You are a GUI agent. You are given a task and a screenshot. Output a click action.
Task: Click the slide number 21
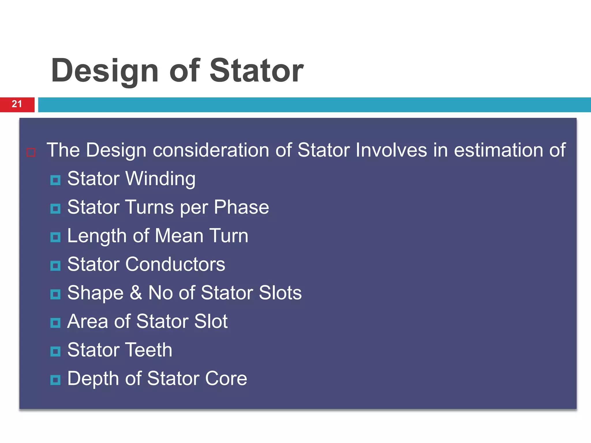[17, 104]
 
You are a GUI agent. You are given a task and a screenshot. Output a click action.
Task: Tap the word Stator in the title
[256, 71]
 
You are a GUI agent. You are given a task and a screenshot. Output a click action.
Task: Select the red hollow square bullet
[31, 152]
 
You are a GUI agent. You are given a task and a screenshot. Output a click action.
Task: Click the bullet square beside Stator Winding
[55, 180]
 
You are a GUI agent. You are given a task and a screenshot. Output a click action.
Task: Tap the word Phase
[241, 207]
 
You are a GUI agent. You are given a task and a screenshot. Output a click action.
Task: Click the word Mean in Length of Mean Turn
[179, 236]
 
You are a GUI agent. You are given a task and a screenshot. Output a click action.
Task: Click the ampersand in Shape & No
[136, 293]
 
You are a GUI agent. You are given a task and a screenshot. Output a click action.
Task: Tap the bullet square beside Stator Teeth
[55, 352]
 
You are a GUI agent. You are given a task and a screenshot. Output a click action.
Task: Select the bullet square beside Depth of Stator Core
[55, 380]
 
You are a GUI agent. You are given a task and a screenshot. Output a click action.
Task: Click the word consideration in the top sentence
[211, 150]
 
